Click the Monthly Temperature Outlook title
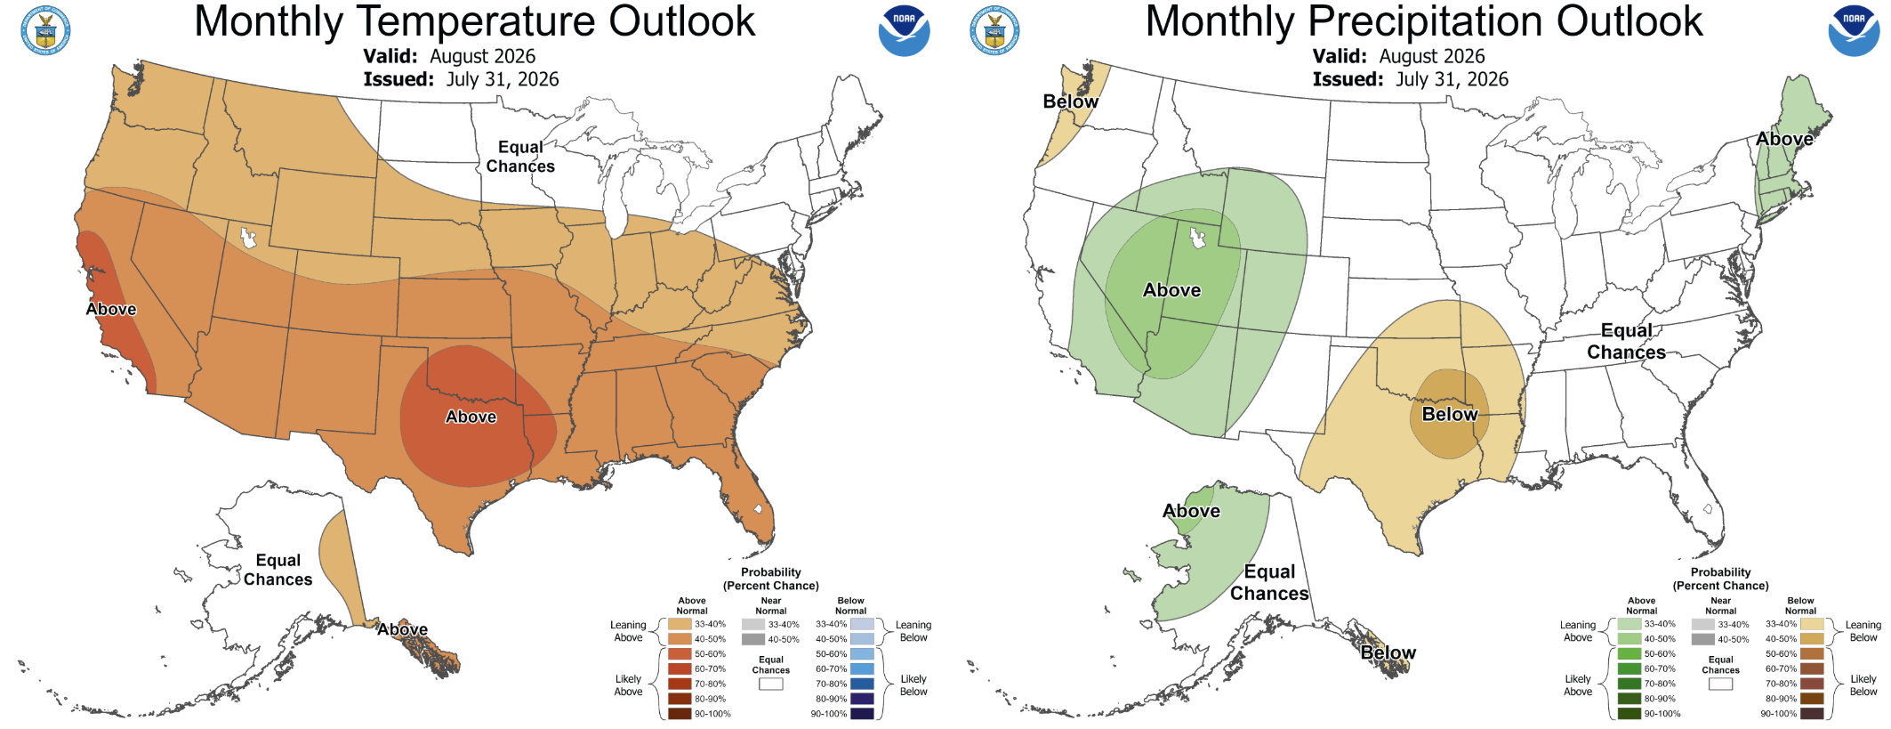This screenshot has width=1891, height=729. (x=474, y=21)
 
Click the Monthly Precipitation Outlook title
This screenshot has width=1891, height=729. (x=1423, y=21)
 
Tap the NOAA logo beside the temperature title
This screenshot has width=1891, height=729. (x=904, y=31)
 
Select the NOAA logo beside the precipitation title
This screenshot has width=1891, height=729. (x=1854, y=31)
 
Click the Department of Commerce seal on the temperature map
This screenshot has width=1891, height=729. (x=45, y=30)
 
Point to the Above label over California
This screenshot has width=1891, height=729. (x=111, y=309)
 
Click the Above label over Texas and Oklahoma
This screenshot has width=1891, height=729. (x=471, y=417)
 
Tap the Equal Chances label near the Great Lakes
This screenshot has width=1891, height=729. (x=520, y=157)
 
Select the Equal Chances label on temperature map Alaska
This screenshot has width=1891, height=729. (x=278, y=570)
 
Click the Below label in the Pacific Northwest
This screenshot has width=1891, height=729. (x=1070, y=101)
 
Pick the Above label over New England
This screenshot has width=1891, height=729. (x=1784, y=139)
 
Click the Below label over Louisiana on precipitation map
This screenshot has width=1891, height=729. (x=1450, y=414)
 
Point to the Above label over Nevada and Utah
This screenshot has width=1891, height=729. (x=1171, y=290)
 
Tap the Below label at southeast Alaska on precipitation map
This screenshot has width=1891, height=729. (x=1388, y=652)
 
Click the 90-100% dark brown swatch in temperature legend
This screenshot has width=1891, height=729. (x=680, y=714)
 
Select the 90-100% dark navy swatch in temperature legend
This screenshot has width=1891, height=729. (x=862, y=714)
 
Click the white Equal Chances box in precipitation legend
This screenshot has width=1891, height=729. (x=1720, y=684)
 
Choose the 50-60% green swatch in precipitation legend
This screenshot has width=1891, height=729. (x=1629, y=654)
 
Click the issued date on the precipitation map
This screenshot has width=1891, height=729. (x=1411, y=79)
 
